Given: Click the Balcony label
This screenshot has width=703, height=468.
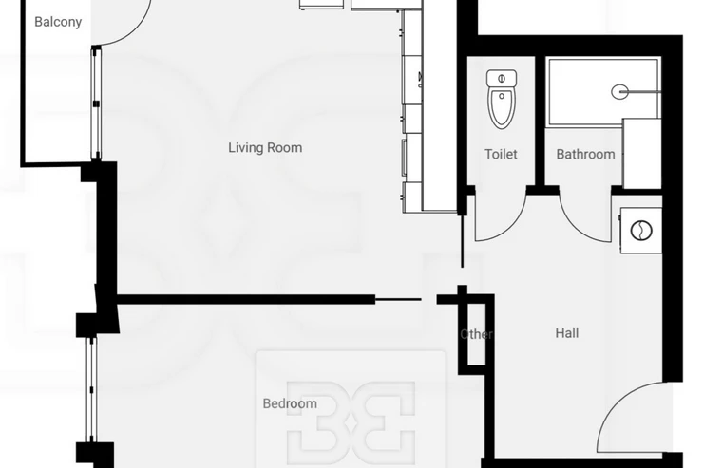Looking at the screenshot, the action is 58,22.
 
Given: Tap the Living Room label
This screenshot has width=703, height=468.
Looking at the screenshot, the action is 265,148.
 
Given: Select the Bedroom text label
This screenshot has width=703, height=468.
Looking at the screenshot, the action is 290,403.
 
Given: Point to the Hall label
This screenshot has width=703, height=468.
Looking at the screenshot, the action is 567,333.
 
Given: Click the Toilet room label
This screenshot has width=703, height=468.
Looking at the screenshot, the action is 501,154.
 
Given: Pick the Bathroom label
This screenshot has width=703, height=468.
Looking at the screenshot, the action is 585,154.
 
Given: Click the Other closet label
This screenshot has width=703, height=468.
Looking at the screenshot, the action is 476,334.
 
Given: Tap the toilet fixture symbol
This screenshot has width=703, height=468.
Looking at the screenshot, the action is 502,99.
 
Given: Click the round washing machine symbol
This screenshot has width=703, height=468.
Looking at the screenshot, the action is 641,231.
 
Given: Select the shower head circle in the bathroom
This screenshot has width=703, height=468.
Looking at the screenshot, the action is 619,92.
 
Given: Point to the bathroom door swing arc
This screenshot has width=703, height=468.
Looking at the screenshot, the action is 575,224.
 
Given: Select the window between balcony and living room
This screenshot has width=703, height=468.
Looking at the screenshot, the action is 96,103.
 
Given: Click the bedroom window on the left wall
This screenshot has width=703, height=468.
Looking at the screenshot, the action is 91,389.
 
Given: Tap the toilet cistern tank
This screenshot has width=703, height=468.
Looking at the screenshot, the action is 502,79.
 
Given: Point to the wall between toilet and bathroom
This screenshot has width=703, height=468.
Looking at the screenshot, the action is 540,121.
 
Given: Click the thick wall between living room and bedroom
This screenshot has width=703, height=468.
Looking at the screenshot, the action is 246,300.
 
